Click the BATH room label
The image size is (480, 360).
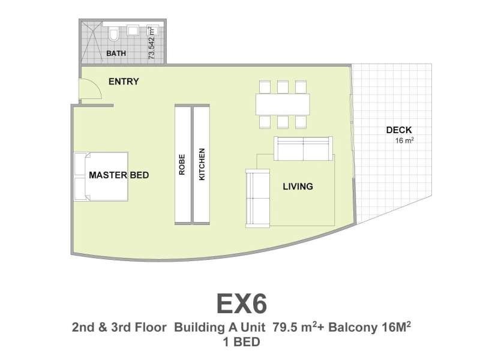(x=116, y=53)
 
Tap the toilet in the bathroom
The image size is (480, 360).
(x=113, y=34)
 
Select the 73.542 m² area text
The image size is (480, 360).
(x=152, y=43)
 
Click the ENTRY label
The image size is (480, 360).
(x=124, y=82)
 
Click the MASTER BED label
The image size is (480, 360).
(x=119, y=175)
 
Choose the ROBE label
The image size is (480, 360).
(x=182, y=164)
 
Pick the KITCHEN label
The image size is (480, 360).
(x=202, y=164)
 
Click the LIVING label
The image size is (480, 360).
(x=298, y=187)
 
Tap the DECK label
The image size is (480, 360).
(x=399, y=130)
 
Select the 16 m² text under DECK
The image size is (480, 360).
(x=404, y=140)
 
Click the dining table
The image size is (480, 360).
(x=283, y=104)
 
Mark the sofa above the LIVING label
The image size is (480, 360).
(x=303, y=148)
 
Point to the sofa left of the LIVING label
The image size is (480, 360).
(x=258, y=199)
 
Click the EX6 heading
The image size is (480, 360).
(x=242, y=304)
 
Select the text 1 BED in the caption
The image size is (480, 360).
(x=242, y=342)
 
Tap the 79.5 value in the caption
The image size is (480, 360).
(x=283, y=327)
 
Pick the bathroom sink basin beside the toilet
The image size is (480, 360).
(x=133, y=31)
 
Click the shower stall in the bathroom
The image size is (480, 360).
(x=91, y=42)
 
